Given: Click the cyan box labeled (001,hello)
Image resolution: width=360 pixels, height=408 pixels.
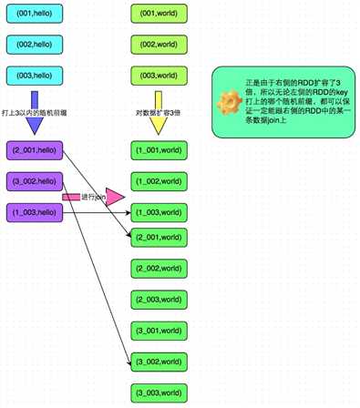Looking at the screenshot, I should pos(36,16).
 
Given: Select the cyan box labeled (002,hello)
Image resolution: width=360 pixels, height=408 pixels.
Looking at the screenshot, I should pos(36,46).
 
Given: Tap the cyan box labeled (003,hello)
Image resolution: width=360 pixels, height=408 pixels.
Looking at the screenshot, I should pos(36,75).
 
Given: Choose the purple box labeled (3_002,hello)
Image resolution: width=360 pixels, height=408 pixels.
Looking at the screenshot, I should pos(36,180).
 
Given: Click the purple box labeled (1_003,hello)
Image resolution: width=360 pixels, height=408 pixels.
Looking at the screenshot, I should pos(36,211).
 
